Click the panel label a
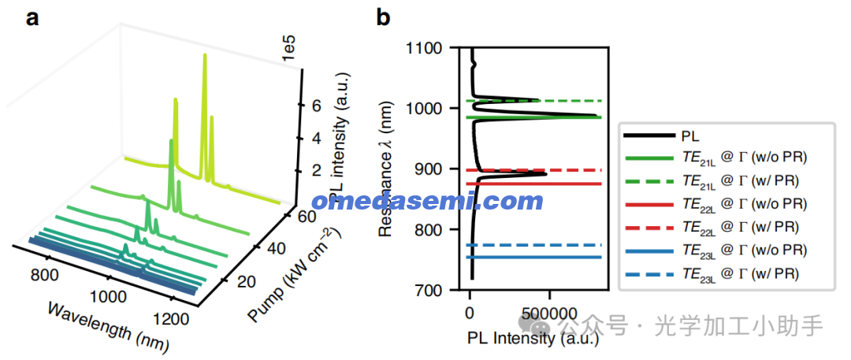(32, 18)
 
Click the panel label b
(384, 18)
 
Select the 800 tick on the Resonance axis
(432, 230)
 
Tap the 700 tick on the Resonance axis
(432, 291)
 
